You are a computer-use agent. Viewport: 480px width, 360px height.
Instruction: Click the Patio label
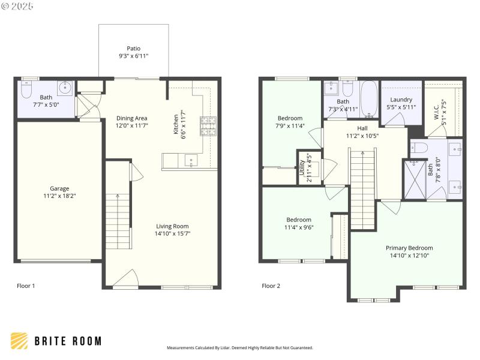[133, 48]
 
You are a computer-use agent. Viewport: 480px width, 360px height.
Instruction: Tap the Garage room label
[58, 187]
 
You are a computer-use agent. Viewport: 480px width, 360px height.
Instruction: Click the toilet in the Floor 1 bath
[26, 90]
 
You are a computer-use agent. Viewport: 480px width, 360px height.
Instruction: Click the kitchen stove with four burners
[208, 125]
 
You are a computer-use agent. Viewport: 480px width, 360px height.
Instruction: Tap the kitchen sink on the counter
[191, 160]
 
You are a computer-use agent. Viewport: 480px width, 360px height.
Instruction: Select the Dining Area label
[131, 118]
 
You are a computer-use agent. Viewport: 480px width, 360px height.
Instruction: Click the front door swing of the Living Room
[126, 279]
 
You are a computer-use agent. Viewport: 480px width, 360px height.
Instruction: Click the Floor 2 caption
[271, 286]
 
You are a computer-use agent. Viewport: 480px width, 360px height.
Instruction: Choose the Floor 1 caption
[26, 286]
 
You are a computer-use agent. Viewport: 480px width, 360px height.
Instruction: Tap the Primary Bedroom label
[409, 247]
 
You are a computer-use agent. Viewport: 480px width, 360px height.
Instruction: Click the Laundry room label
[401, 100]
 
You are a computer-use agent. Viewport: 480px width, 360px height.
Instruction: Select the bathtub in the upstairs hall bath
[368, 97]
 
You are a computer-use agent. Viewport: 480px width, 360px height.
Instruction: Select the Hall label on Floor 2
[362, 128]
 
